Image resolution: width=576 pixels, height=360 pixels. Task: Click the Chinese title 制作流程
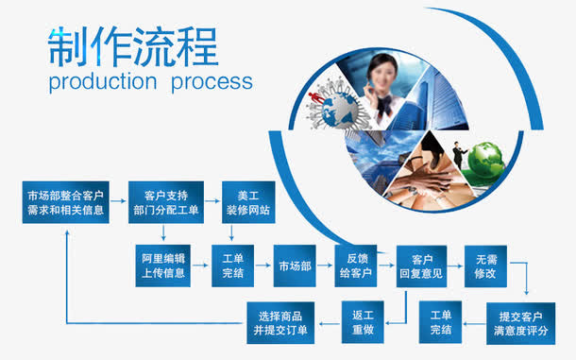pyautogui.click(x=132, y=44)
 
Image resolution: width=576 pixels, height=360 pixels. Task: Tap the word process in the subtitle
pyautogui.click(x=212, y=81)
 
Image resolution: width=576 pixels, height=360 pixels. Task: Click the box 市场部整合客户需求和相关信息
pyautogui.click(x=65, y=204)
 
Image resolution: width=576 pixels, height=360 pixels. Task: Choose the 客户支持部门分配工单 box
pyautogui.click(x=166, y=204)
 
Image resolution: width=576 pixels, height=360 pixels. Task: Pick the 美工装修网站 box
pyautogui.click(x=247, y=204)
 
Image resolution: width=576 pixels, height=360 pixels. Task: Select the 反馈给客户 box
pyautogui.click(x=356, y=266)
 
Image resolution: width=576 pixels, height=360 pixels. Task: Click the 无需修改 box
pyautogui.click(x=485, y=266)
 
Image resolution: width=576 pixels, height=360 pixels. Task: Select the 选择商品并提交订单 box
pyautogui.click(x=280, y=321)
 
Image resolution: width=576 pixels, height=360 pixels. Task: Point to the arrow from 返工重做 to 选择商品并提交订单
pyautogui.click(x=328, y=322)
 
